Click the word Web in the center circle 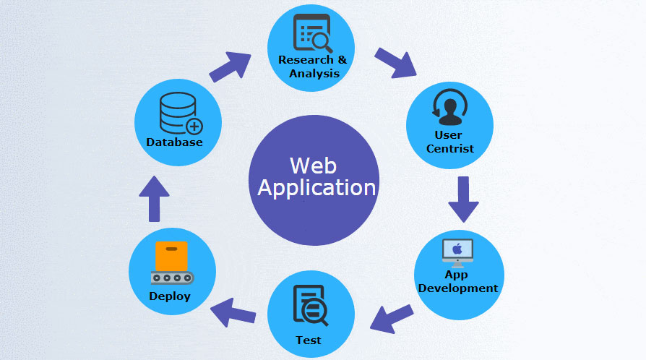coord(313,165)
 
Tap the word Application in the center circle coord(316,188)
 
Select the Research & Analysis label coord(312,67)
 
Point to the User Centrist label coord(449,142)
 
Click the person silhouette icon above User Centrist coord(449,108)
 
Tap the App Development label coord(458,281)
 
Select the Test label coord(309,340)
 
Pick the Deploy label coord(170,296)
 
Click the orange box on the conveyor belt coord(171,256)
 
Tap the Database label coord(174,142)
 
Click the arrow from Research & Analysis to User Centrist coord(396,62)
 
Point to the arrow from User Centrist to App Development coord(463,199)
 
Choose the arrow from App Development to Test coord(391,318)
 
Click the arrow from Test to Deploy coord(233,313)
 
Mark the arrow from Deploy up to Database coord(154,198)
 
